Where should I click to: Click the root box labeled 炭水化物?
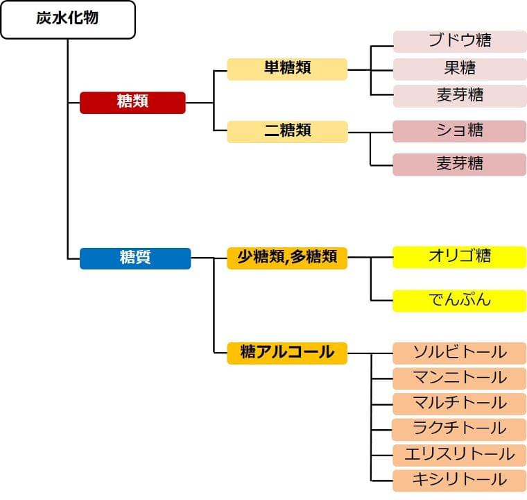click(67, 19)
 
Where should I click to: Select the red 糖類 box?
click(132, 102)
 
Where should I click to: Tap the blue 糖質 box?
click(135, 258)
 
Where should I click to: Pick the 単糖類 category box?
click(287, 69)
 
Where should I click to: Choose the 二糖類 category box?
click(287, 131)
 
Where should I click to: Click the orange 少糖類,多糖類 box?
click(287, 258)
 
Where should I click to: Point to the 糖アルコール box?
click(287, 353)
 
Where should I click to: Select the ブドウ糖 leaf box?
click(460, 41)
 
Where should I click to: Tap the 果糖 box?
click(460, 69)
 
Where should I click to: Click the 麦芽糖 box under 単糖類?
click(460, 96)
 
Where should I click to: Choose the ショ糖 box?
click(460, 131)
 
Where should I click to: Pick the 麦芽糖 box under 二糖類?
click(460, 164)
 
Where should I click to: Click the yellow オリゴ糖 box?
click(460, 256)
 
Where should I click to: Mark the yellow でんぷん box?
click(460, 300)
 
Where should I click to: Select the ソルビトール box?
click(460, 353)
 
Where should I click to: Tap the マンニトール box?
click(460, 378)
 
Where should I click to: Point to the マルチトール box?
click(460, 403)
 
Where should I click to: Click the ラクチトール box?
click(460, 429)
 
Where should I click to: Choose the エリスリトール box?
click(460, 455)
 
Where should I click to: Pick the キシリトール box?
click(460, 480)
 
